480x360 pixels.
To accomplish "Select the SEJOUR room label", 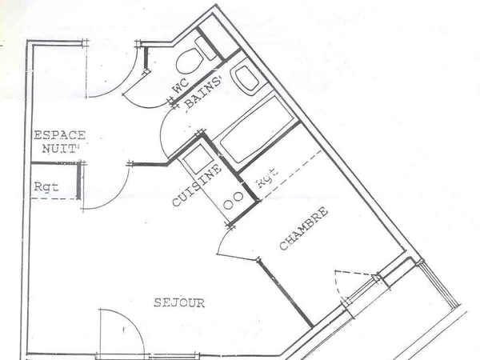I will point(178,303).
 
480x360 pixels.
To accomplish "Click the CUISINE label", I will point(190,186).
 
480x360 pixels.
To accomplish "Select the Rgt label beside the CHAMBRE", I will point(266,178).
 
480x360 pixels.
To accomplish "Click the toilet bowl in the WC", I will point(189,61).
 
